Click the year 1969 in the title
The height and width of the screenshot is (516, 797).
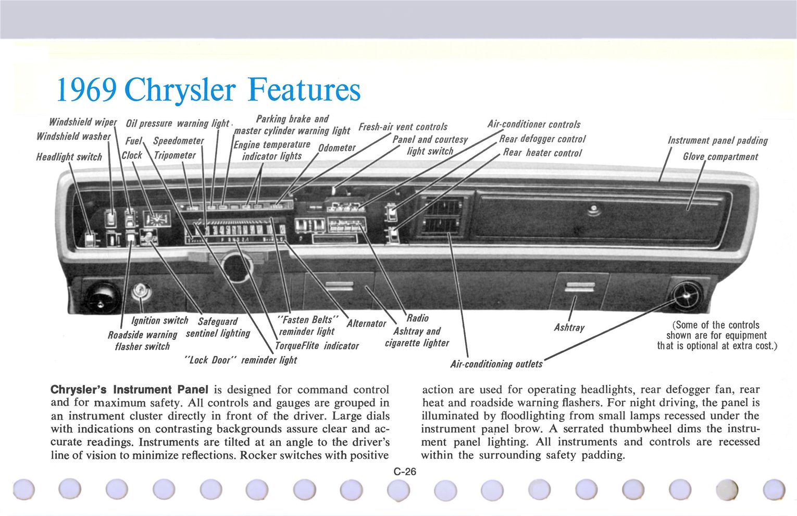(x=86, y=90)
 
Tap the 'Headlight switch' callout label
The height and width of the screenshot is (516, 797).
(x=69, y=157)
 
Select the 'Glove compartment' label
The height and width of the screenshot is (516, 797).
(x=720, y=156)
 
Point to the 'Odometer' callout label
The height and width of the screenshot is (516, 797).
(x=337, y=148)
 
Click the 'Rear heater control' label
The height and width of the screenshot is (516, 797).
(x=542, y=153)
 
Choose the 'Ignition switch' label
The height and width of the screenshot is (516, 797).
(x=159, y=320)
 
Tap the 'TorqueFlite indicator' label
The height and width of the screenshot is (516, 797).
(x=316, y=346)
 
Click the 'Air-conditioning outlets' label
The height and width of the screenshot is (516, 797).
(x=496, y=364)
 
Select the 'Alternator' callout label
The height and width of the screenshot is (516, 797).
(x=366, y=323)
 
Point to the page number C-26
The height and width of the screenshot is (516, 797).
(x=405, y=472)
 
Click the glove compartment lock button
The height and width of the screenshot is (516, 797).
(x=592, y=210)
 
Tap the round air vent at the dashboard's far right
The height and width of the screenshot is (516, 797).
(x=688, y=295)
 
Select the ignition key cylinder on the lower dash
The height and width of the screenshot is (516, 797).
(x=141, y=291)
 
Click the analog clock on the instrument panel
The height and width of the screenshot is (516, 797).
(x=157, y=219)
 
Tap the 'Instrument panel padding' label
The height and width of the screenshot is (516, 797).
(x=717, y=140)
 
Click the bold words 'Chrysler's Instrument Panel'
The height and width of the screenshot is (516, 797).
(x=129, y=389)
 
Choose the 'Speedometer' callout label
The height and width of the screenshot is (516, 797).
(x=178, y=141)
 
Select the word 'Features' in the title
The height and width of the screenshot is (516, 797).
(x=304, y=90)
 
